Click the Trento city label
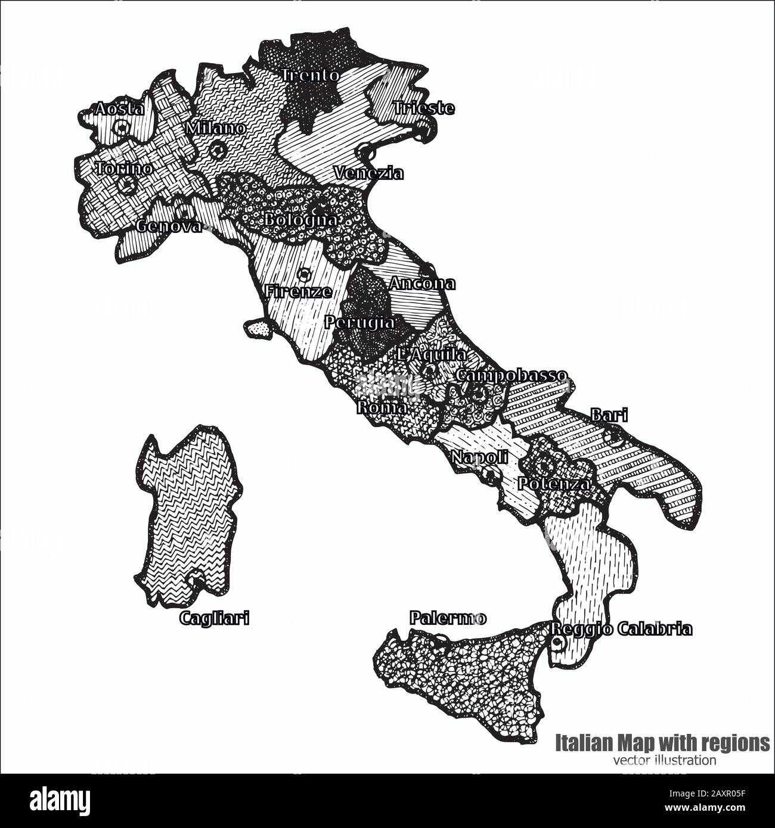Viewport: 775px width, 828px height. (x=310, y=76)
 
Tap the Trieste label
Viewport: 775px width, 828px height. (x=424, y=108)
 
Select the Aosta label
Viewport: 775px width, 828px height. (x=119, y=109)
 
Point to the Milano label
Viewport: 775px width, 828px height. (x=215, y=128)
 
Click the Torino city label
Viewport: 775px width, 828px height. (x=123, y=169)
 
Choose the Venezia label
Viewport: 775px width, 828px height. (x=368, y=173)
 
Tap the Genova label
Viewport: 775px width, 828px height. (x=169, y=226)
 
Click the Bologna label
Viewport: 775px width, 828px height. (x=301, y=220)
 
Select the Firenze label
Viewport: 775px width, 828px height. (x=297, y=292)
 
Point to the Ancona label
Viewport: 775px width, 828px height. (x=421, y=284)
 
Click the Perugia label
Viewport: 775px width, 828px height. (x=359, y=323)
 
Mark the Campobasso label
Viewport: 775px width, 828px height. (x=511, y=376)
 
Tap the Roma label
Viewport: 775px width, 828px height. (x=382, y=408)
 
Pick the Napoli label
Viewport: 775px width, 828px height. (x=479, y=457)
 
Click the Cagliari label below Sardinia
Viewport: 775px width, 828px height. (x=214, y=619)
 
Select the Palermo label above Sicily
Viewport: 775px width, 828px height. (x=448, y=619)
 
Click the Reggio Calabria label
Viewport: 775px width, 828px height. (x=621, y=629)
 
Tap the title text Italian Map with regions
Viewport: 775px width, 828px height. (x=662, y=743)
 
